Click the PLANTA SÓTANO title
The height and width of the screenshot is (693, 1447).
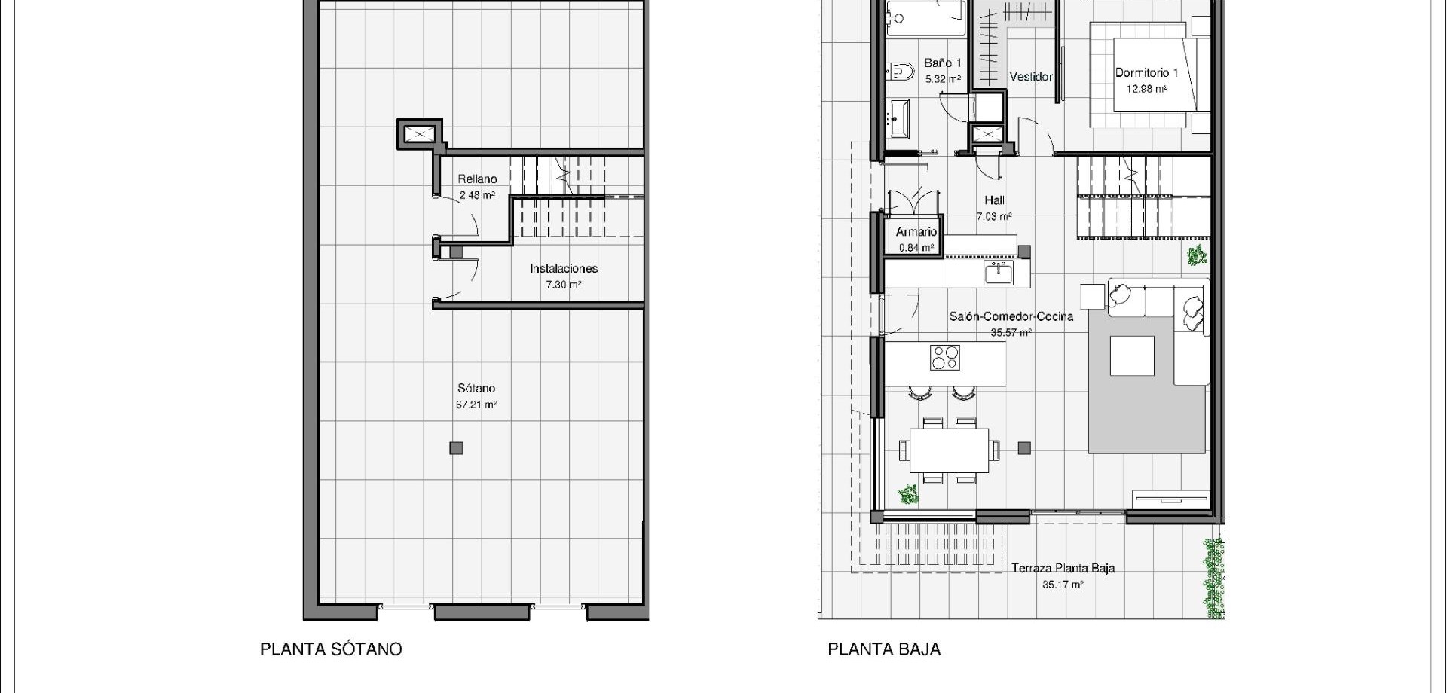tap(331, 649)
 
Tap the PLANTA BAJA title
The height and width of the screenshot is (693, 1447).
tap(884, 649)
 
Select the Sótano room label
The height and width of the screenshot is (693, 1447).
tap(476, 389)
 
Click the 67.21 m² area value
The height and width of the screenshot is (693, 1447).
tap(476, 405)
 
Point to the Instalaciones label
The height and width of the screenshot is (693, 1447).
tap(564, 268)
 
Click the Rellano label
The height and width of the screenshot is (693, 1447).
tap(477, 179)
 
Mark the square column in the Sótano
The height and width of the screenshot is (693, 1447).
tap(456, 448)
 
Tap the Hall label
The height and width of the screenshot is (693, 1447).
tap(994, 200)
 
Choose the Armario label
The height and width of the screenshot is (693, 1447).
tap(916, 232)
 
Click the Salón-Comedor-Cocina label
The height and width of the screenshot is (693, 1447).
tap(1011, 316)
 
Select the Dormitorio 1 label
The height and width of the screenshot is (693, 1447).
tap(1146, 73)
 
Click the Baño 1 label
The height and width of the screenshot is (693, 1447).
tap(943, 63)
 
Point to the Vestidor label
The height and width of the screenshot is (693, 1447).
tap(1030, 77)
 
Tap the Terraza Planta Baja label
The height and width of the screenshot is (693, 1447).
tap(1063, 568)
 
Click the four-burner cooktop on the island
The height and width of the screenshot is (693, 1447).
tap(945, 357)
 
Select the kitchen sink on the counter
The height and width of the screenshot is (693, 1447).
tap(998, 273)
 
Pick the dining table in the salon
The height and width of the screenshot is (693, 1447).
tap(950, 450)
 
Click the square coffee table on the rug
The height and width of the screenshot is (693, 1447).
tap(1132, 356)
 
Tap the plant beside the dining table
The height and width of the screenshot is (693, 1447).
tap(909, 495)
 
